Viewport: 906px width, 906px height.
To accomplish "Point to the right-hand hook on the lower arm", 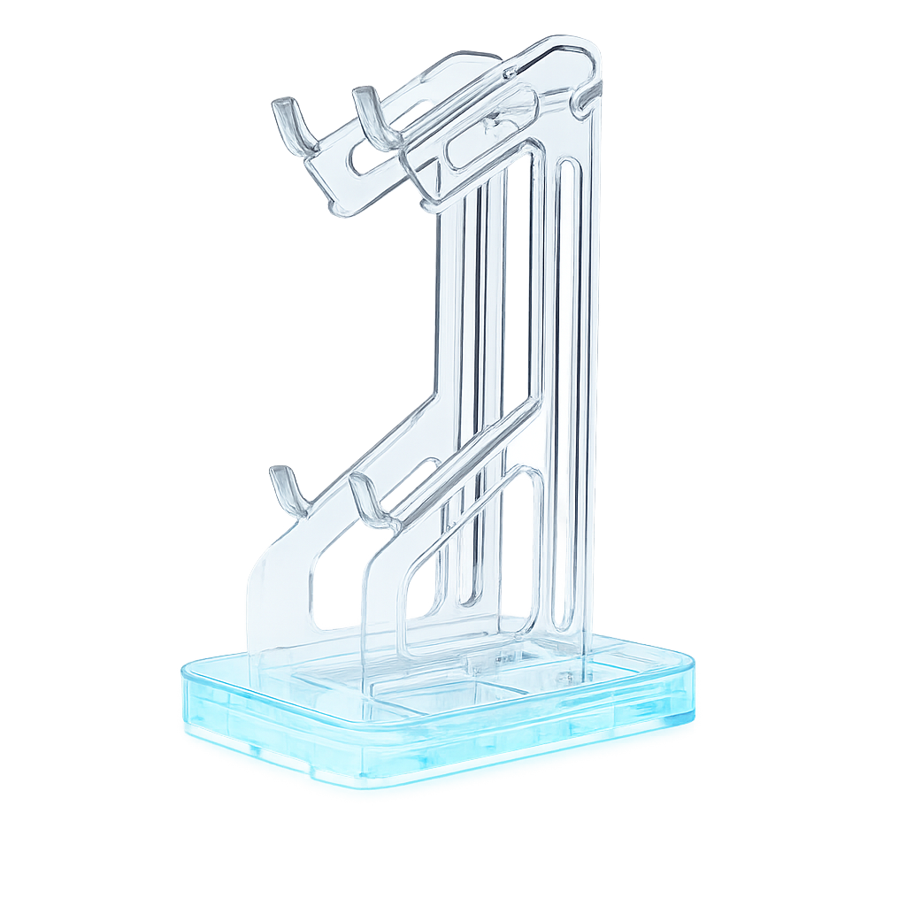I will [367, 501].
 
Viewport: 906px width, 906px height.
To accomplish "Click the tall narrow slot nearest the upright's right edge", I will [566, 389].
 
